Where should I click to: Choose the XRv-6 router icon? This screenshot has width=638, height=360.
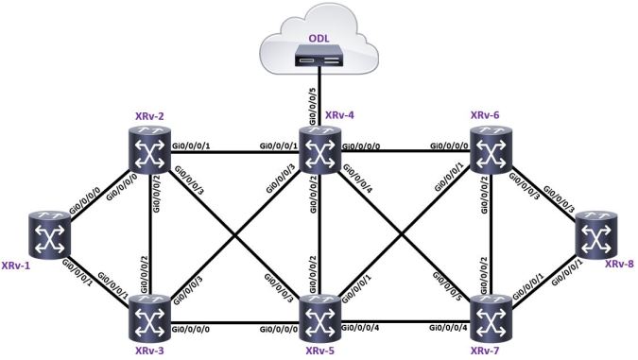coord(491,151)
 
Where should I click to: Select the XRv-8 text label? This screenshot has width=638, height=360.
coord(620,263)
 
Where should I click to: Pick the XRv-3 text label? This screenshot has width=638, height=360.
coord(151,351)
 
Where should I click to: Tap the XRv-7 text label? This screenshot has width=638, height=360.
coord(491,351)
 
